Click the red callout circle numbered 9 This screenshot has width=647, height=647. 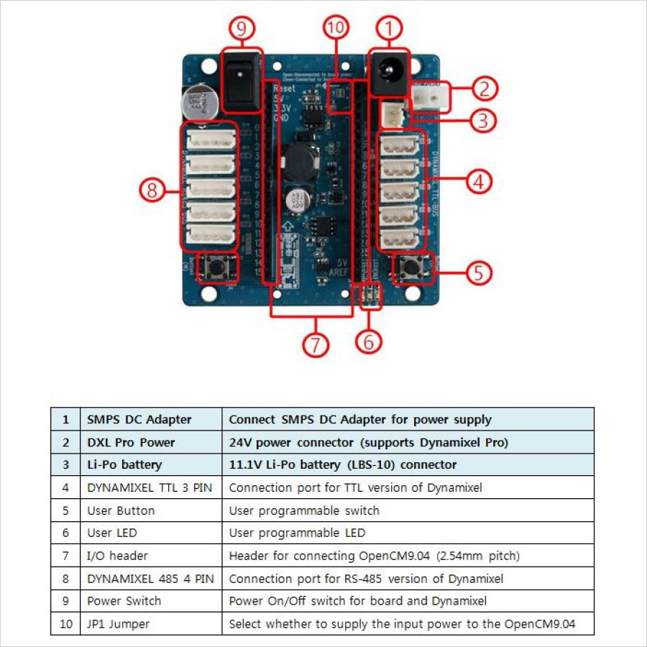[x=242, y=29]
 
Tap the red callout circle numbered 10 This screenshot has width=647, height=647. [x=336, y=29]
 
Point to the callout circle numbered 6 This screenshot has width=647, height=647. [x=369, y=341]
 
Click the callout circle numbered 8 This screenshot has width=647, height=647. [x=152, y=191]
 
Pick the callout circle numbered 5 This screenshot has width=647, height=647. [x=480, y=272]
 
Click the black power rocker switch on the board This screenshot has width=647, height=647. [x=241, y=80]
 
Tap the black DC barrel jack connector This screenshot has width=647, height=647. [x=389, y=72]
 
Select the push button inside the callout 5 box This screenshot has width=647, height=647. [x=410, y=268]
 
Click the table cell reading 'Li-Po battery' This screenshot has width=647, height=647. [x=124, y=464]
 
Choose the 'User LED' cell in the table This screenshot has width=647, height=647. [x=112, y=533]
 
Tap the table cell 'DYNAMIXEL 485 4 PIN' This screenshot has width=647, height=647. [x=150, y=579]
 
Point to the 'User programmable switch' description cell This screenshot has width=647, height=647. [x=304, y=510]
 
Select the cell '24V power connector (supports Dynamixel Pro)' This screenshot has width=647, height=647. [x=368, y=442]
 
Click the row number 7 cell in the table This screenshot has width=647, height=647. [x=65, y=556]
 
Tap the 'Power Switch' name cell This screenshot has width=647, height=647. [x=124, y=601]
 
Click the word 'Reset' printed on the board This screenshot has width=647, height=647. [x=284, y=88]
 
